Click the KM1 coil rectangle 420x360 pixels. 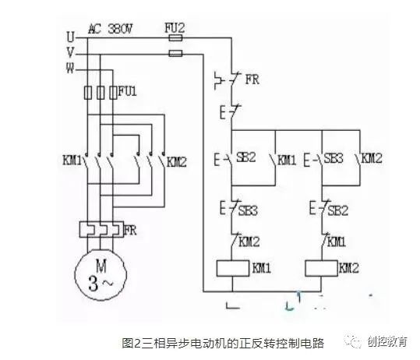pyautogui.click(x=231, y=268)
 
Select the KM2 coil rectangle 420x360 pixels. pyautogui.click(x=320, y=268)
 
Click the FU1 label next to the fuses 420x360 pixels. pyautogui.click(x=128, y=92)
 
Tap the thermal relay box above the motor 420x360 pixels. pyautogui.click(x=101, y=231)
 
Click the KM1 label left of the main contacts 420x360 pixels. pyautogui.click(x=73, y=164)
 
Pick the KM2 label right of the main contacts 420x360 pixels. pyautogui.click(x=177, y=164)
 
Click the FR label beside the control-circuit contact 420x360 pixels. pyautogui.click(x=251, y=79)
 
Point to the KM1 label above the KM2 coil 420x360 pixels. pyautogui.click(x=337, y=242)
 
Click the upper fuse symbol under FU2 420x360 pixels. pyautogui.click(x=176, y=37)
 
